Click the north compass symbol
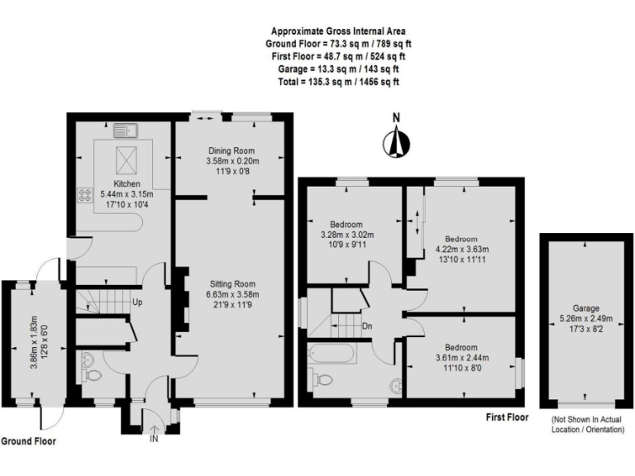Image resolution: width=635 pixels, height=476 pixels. tap(396, 143)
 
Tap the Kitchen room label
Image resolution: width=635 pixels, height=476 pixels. tap(127, 183)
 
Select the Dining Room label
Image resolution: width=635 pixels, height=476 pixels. tap(232, 150)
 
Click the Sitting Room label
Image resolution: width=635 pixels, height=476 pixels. tap(232, 283)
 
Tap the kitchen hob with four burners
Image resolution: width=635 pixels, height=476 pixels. tap(84, 195)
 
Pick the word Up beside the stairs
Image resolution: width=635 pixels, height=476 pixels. tap(137, 302)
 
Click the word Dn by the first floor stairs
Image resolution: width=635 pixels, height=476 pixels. tap(365, 326)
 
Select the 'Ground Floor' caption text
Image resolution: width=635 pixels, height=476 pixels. tap(28, 441)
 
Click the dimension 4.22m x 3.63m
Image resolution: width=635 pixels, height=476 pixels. tap(461, 248)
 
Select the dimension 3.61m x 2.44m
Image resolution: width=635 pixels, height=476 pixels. tap(461, 358)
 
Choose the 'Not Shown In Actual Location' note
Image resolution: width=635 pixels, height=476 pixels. tap(588, 425)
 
